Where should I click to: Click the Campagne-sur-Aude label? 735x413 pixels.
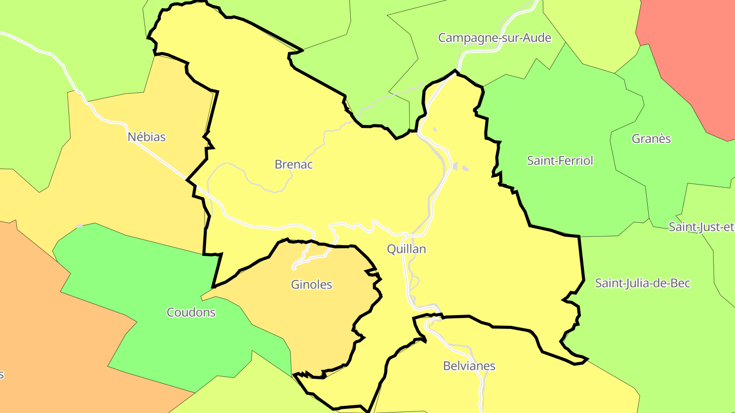pyautogui.click(x=495, y=38)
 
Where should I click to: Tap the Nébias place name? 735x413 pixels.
pyautogui.click(x=146, y=137)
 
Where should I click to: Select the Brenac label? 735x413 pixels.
pyautogui.click(x=293, y=164)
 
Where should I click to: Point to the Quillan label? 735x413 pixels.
pyautogui.click(x=406, y=249)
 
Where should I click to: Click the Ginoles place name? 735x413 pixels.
pyautogui.click(x=311, y=285)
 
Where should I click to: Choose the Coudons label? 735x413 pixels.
pyautogui.click(x=191, y=312)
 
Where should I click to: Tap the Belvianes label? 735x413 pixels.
pyautogui.click(x=469, y=366)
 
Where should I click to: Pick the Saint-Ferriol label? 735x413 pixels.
pyautogui.click(x=560, y=161)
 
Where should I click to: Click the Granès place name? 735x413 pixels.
pyautogui.click(x=651, y=139)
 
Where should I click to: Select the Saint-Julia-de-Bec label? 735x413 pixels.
pyautogui.click(x=643, y=283)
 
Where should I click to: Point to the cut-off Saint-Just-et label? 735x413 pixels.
pyautogui.click(x=701, y=227)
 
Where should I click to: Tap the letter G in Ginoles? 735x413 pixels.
pyautogui.click(x=295, y=285)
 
